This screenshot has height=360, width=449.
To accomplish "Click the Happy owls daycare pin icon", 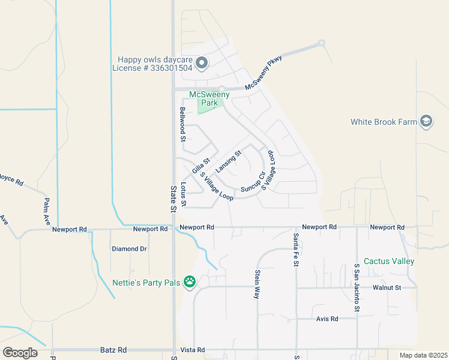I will click(202, 62).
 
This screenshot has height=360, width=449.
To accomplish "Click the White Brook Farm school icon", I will click(426, 121).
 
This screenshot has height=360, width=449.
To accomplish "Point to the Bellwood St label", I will click(182, 124).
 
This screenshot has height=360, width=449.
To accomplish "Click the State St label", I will click(173, 199).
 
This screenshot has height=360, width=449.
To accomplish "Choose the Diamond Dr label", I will click(129, 248).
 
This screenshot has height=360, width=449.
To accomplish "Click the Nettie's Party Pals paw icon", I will click(190, 281).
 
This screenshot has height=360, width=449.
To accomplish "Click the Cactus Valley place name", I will click(393, 262).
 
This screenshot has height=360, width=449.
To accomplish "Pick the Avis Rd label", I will click(327, 319).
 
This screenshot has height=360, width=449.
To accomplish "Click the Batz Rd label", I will click(113, 349).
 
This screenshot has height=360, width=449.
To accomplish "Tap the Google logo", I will click(20, 353).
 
